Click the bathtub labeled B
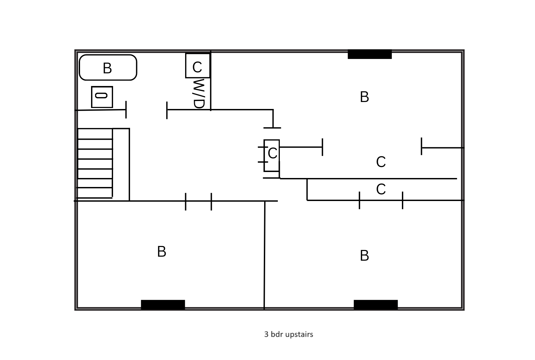coord(108,68)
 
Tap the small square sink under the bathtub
coord(102,97)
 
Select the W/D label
coord(198,93)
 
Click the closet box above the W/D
coord(197,66)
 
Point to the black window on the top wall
coord(370,54)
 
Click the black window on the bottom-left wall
coord(163,304)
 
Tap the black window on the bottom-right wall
coord(376,304)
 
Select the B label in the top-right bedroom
coord(364,97)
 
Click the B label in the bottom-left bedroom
coord(161,252)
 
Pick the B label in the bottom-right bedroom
coord(364,256)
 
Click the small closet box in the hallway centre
coord(272,155)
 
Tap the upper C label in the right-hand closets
coord(381,162)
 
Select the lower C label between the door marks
coord(381,189)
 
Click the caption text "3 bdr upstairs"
coord(289,334)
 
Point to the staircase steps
coord(95,163)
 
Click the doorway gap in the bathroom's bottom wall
coord(146,109)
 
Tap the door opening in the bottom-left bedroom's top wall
coord(198,201)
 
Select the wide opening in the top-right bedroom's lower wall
coord(372,147)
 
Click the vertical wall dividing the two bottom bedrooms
coord(264,255)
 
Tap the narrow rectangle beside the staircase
coord(121,164)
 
